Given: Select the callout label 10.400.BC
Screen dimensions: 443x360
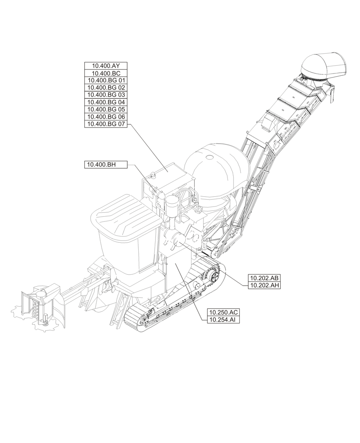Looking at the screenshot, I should pyautogui.click(x=106, y=74).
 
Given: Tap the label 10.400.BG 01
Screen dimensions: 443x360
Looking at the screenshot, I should pyautogui.click(x=106, y=81).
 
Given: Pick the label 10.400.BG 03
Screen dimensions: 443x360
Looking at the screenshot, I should pyautogui.click(x=106, y=95).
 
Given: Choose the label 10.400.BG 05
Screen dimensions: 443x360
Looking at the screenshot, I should pyautogui.click(x=106, y=109).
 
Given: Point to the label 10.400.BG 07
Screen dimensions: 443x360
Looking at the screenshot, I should pyautogui.click(x=106, y=124).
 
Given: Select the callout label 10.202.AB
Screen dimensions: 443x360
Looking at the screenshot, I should pyautogui.click(x=264, y=278).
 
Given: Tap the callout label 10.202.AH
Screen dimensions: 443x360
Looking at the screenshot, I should pyautogui.click(x=264, y=286).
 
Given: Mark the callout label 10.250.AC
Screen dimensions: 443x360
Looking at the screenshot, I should pyautogui.click(x=223, y=312).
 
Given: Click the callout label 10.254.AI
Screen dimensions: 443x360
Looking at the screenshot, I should pyautogui.click(x=223, y=320).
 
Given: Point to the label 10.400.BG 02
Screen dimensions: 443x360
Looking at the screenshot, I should pyautogui.click(x=106, y=88).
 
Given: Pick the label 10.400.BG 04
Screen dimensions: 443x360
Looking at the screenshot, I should pyautogui.click(x=106, y=102).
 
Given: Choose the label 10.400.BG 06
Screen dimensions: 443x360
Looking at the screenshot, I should pyautogui.click(x=106, y=117).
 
